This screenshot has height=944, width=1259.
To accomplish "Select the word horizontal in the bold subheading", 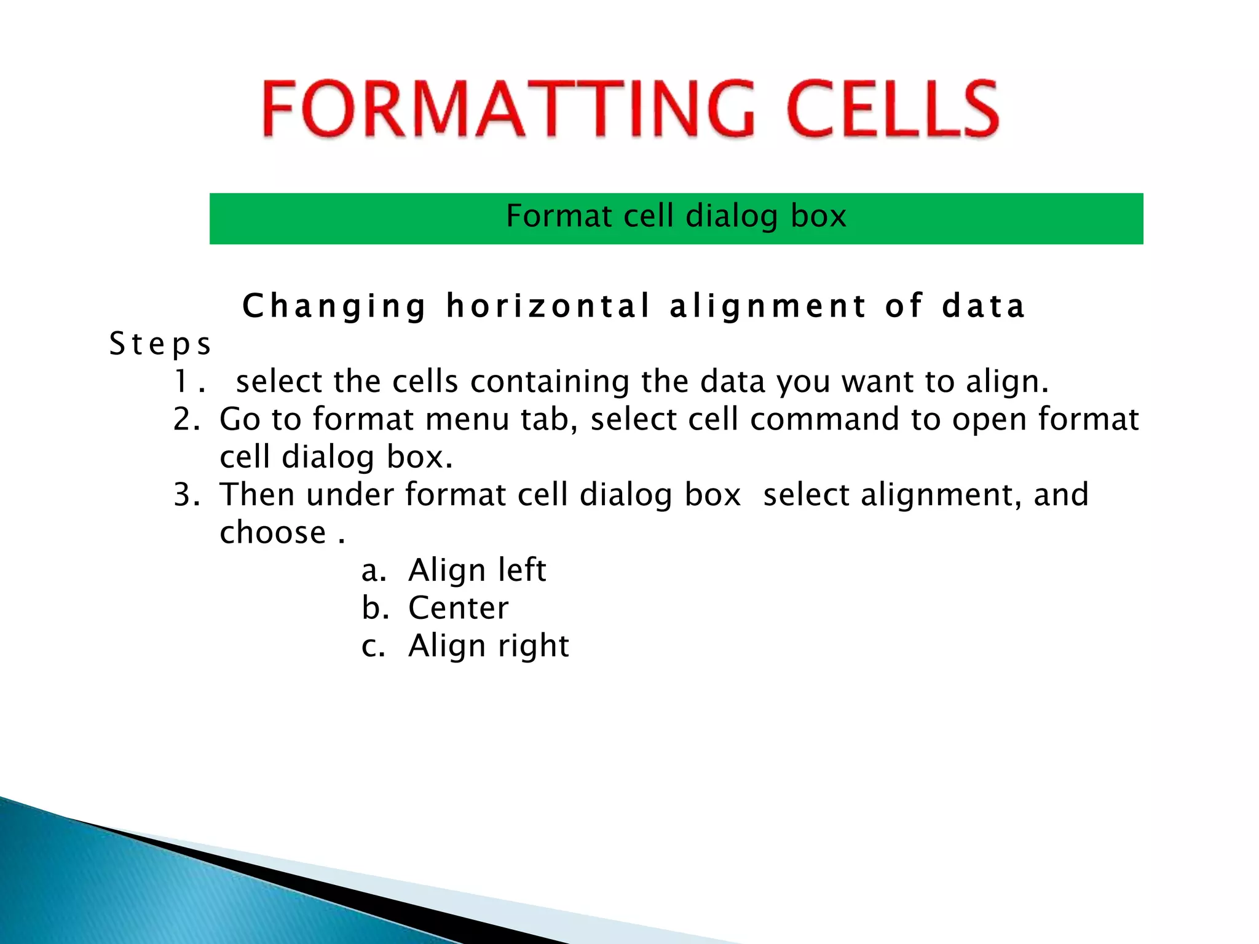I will [548, 306].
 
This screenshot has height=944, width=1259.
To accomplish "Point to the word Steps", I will [160, 344].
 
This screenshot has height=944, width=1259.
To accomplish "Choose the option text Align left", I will [477, 570].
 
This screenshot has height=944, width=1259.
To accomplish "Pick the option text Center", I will [459, 608].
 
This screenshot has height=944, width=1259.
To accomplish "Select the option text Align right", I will [489, 646].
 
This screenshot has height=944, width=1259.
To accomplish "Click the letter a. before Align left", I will [373, 570].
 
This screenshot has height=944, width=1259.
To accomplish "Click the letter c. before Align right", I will [373, 646].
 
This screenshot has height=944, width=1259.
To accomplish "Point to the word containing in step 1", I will [550, 382].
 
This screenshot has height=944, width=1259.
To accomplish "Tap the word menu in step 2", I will [467, 420].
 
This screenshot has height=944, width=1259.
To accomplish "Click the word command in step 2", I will [824, 420].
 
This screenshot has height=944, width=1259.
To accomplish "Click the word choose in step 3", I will [272, 532].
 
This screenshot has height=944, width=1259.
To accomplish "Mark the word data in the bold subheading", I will [983, 306].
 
